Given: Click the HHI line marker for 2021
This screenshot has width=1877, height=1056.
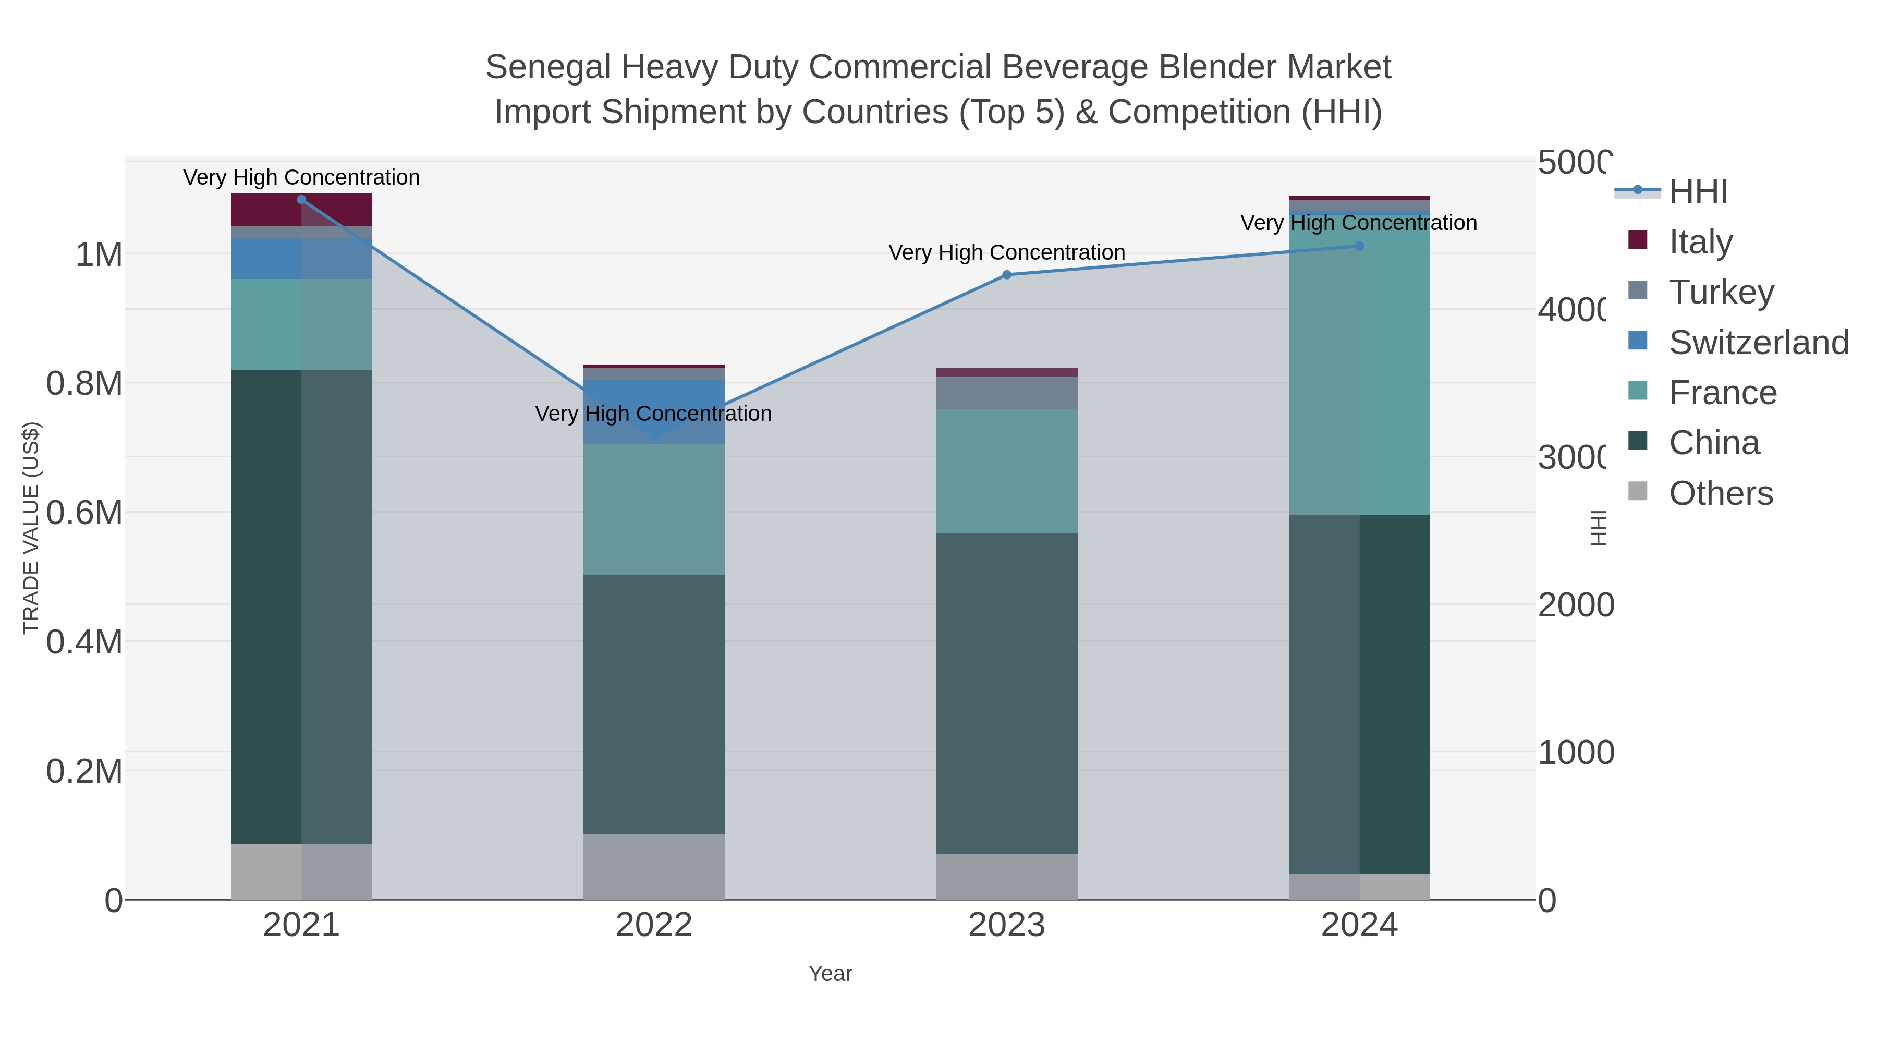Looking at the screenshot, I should point(302,200).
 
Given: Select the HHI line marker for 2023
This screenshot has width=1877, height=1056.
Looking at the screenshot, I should point(1007,275).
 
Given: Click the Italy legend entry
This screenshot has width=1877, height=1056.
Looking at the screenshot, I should point(1701,241).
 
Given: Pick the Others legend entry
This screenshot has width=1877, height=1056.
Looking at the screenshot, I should point(1721,493).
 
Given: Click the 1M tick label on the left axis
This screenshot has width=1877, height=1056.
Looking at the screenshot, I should point(99,255).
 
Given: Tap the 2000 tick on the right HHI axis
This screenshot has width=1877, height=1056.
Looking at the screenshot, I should point(1575,605).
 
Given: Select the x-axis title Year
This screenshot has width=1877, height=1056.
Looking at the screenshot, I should point(830,974).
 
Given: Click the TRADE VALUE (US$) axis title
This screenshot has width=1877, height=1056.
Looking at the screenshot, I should point(31,528).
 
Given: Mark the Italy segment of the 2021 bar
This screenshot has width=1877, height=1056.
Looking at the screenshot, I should point(302,210).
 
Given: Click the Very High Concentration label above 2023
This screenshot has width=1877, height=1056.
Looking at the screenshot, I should point(1007,253).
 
